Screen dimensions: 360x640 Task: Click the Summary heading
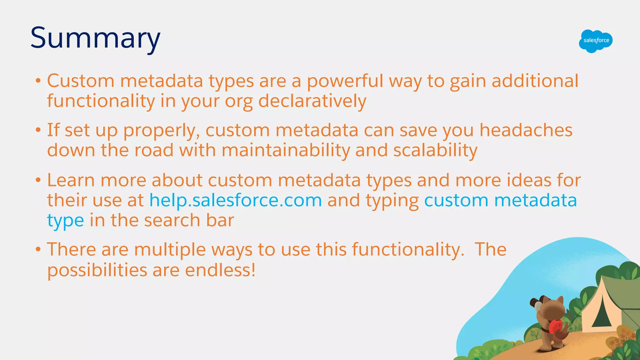pyautogui.click(x=95, y=38)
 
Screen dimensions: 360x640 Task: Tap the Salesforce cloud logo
pyautogui.click(x=596, y=41)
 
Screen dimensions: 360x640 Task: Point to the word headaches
pyautogui.click(x=526, y=130)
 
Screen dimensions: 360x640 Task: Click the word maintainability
pyautogui.click(x=286, y=150)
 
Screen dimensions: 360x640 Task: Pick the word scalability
pyautogui.click(x=435, y=150)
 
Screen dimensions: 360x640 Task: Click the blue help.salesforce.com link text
pyautogui.click(x=236, y=200)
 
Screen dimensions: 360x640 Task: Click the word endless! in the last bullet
pyautogui.click(x=220, y=270)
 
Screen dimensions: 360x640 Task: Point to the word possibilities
pyautogui.click(x=97, y=271)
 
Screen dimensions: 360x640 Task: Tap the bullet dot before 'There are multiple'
pyautogui.click(x=38, y=249)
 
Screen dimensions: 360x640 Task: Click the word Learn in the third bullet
pyautogui.click(x=71, y=180)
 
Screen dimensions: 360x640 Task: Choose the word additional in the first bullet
pyautogui.click(x=535, y=81)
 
